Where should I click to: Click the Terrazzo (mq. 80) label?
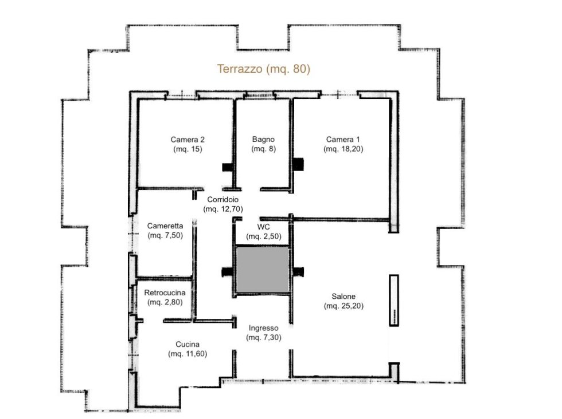[263, 69]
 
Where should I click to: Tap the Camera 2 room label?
[188, 144]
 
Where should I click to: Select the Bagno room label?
[263, 144]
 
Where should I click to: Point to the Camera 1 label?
[343, 144]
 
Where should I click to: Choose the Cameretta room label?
[165, 231]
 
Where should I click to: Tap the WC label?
[263, 231]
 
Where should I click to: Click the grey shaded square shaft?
[263, 270]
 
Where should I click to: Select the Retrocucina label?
[165, 297]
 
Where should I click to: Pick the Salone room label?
[344, 301]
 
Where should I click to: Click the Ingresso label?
[263, 333]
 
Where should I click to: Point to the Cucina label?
[188, 349]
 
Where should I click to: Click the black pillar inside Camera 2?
[227, 167]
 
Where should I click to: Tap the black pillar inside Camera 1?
[299, 165]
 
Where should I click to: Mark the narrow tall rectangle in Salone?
[394, 300]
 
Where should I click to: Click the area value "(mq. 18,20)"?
[343, 149]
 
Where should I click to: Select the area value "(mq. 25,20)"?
[344, 306]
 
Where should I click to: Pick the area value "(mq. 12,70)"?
[223, 209]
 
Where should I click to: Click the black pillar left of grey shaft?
[228, 272]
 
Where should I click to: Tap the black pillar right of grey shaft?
[299, 271]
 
